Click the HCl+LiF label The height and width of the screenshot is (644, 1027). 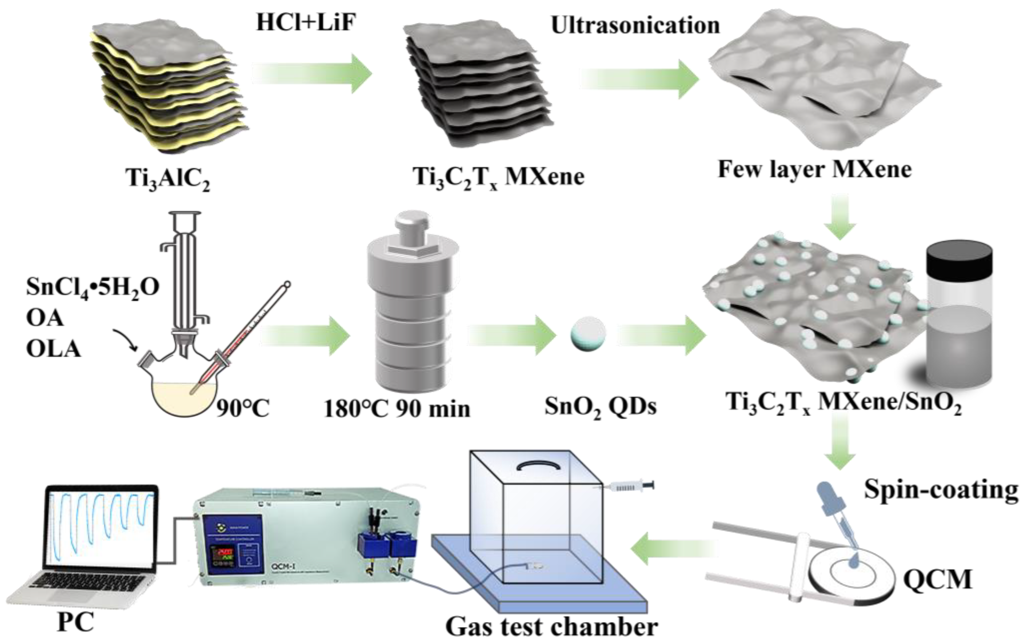pos(306,22)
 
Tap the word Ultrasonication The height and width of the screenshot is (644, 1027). pos(635,26)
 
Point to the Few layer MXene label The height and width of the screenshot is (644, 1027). pos(814,170)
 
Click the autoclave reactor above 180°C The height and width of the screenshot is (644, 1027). pos(412,307)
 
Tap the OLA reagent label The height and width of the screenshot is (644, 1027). pos(53,349)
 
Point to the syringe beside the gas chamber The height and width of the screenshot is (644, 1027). pos(629,486)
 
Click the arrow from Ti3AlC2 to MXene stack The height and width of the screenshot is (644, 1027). pos(313,73)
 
